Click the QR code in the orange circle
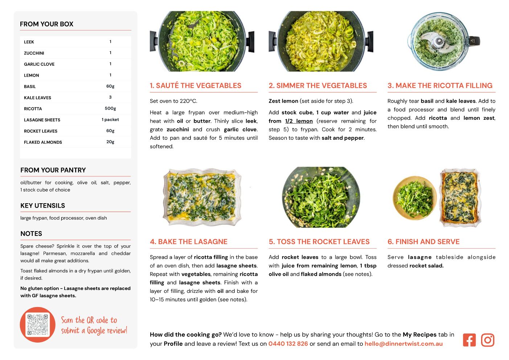click(37, 324)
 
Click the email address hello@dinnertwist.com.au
click(403, 344)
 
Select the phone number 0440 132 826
click(288, 344)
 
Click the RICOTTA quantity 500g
click(110, 109)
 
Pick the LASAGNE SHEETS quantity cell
click(110, 119)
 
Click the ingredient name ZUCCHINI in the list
click(34, 53)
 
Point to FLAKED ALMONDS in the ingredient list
click(43, 142)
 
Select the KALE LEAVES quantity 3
click(110, 97)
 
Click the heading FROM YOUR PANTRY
click(53, 170)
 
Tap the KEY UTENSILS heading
click(42, 205)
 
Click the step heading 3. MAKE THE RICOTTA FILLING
click(440, 85)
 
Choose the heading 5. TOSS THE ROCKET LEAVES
click(319, 242)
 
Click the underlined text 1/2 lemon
click(299, 121)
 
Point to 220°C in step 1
click(188, 101)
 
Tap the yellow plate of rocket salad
click(415, 198)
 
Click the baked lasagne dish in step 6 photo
click(461, 197)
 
